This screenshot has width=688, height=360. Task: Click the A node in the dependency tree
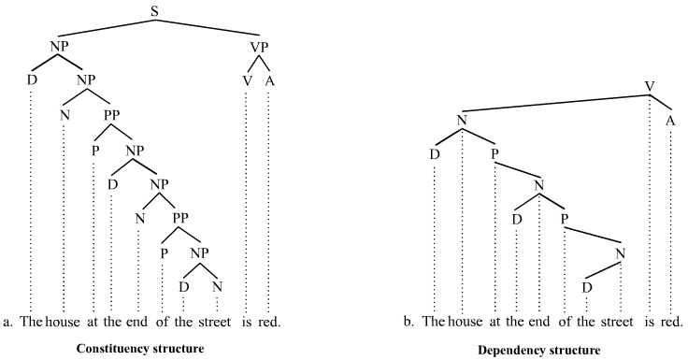click(x=670, y=120)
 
